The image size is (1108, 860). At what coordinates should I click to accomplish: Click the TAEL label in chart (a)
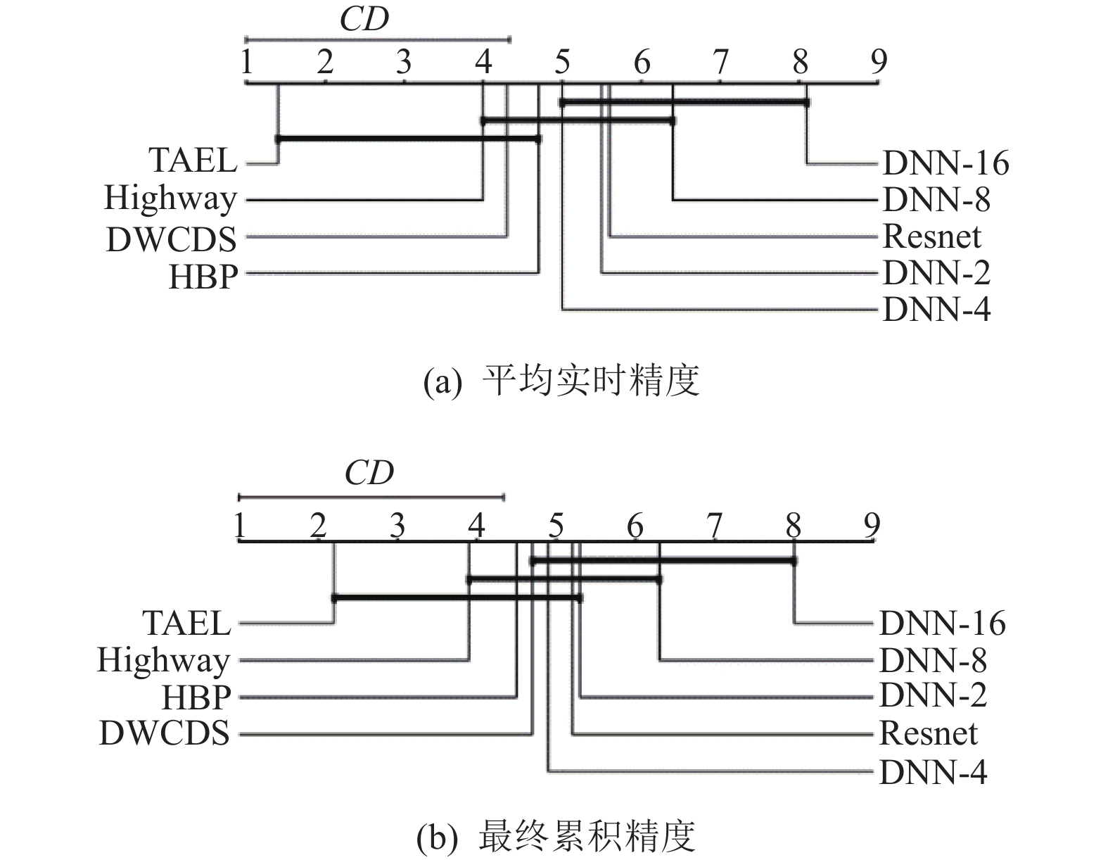pos(193,161)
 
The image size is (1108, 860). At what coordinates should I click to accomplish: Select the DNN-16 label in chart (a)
pos(945,163)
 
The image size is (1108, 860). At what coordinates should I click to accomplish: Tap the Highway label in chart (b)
pos(164,661)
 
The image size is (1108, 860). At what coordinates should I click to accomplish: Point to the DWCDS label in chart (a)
pos(171,239)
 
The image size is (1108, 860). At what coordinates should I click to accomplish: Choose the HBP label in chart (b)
pos(196,697)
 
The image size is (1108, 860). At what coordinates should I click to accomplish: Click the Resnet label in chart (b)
pos(929,734)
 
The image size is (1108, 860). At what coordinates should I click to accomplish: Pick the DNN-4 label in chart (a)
pos(936,310)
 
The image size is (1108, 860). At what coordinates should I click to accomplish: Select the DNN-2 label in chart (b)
pos(933,696)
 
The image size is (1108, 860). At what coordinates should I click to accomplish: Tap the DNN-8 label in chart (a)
pos(936,200)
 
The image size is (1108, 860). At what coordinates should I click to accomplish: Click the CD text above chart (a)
pos(364,20)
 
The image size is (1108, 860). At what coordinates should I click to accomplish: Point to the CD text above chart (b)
pos(369,473)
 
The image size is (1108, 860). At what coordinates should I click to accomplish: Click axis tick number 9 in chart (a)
pos(879,63)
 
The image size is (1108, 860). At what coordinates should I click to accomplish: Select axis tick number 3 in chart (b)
pos(397,525)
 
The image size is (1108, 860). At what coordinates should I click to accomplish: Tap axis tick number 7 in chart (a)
pos(720,63)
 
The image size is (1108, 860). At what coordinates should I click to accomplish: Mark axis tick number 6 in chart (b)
pos(635,525)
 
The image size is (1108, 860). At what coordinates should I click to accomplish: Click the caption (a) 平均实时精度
pos(561,381)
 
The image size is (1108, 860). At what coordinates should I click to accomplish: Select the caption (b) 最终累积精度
pos(556,837)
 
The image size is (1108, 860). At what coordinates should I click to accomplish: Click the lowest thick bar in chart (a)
pos(408,139)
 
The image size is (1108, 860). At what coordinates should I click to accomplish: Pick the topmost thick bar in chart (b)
pos(663,560)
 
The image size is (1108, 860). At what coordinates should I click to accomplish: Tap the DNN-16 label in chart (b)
pos(942,624)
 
